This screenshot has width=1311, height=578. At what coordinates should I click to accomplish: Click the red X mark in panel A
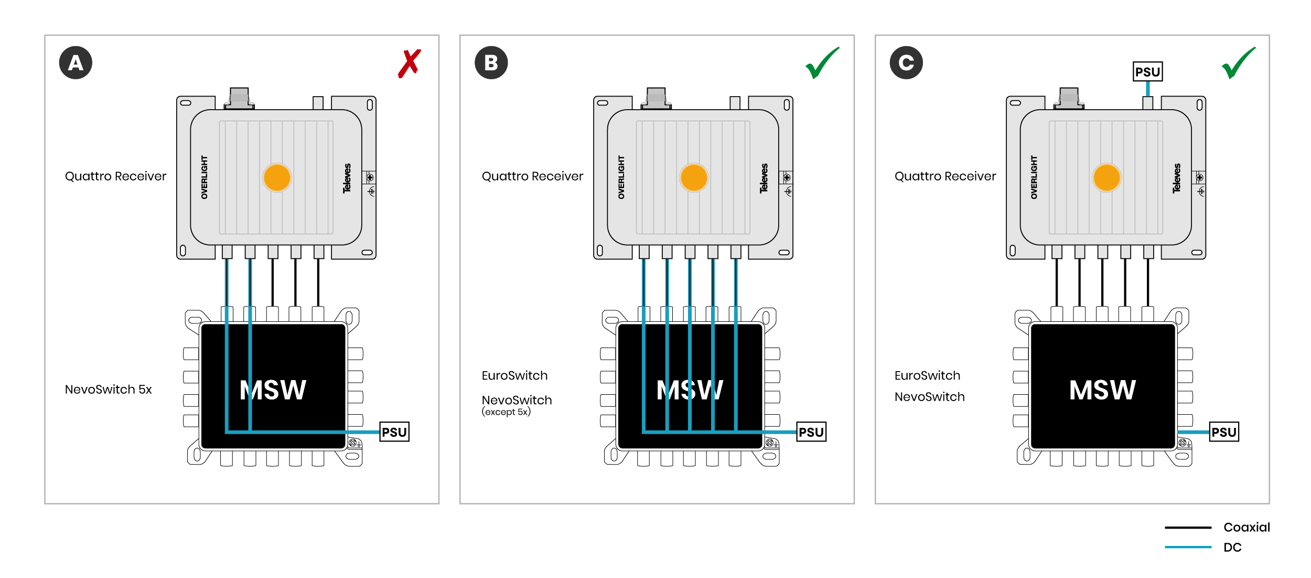410,64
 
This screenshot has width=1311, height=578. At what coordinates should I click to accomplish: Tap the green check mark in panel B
822,64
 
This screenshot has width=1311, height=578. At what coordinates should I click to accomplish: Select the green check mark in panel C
1238,64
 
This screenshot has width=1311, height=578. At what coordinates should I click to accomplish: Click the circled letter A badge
76,63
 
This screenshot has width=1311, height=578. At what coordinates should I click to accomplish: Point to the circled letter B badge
491,63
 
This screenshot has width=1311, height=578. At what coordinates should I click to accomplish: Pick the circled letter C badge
906,63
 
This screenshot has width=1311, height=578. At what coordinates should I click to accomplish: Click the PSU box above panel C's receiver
1147,72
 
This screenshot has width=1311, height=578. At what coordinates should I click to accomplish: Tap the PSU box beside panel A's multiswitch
394,432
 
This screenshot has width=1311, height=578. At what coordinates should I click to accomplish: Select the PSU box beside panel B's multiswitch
811,432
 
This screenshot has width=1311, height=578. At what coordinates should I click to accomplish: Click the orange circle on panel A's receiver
277,177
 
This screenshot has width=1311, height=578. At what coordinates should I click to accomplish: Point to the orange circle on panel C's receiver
1106,177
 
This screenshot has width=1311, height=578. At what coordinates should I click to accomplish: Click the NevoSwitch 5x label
109,390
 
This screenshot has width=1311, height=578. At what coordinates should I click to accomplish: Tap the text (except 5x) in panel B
506,412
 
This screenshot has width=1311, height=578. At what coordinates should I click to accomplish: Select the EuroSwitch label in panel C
927,375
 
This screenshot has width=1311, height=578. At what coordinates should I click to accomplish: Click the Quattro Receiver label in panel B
532,176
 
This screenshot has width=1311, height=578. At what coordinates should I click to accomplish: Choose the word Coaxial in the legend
1246,527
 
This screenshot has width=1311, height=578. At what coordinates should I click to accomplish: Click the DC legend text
1232,548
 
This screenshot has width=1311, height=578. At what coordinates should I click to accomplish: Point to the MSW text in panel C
1102,391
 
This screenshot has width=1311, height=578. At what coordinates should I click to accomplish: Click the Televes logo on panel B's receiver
764,178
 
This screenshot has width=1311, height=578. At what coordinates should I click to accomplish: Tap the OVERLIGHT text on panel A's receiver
205,177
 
